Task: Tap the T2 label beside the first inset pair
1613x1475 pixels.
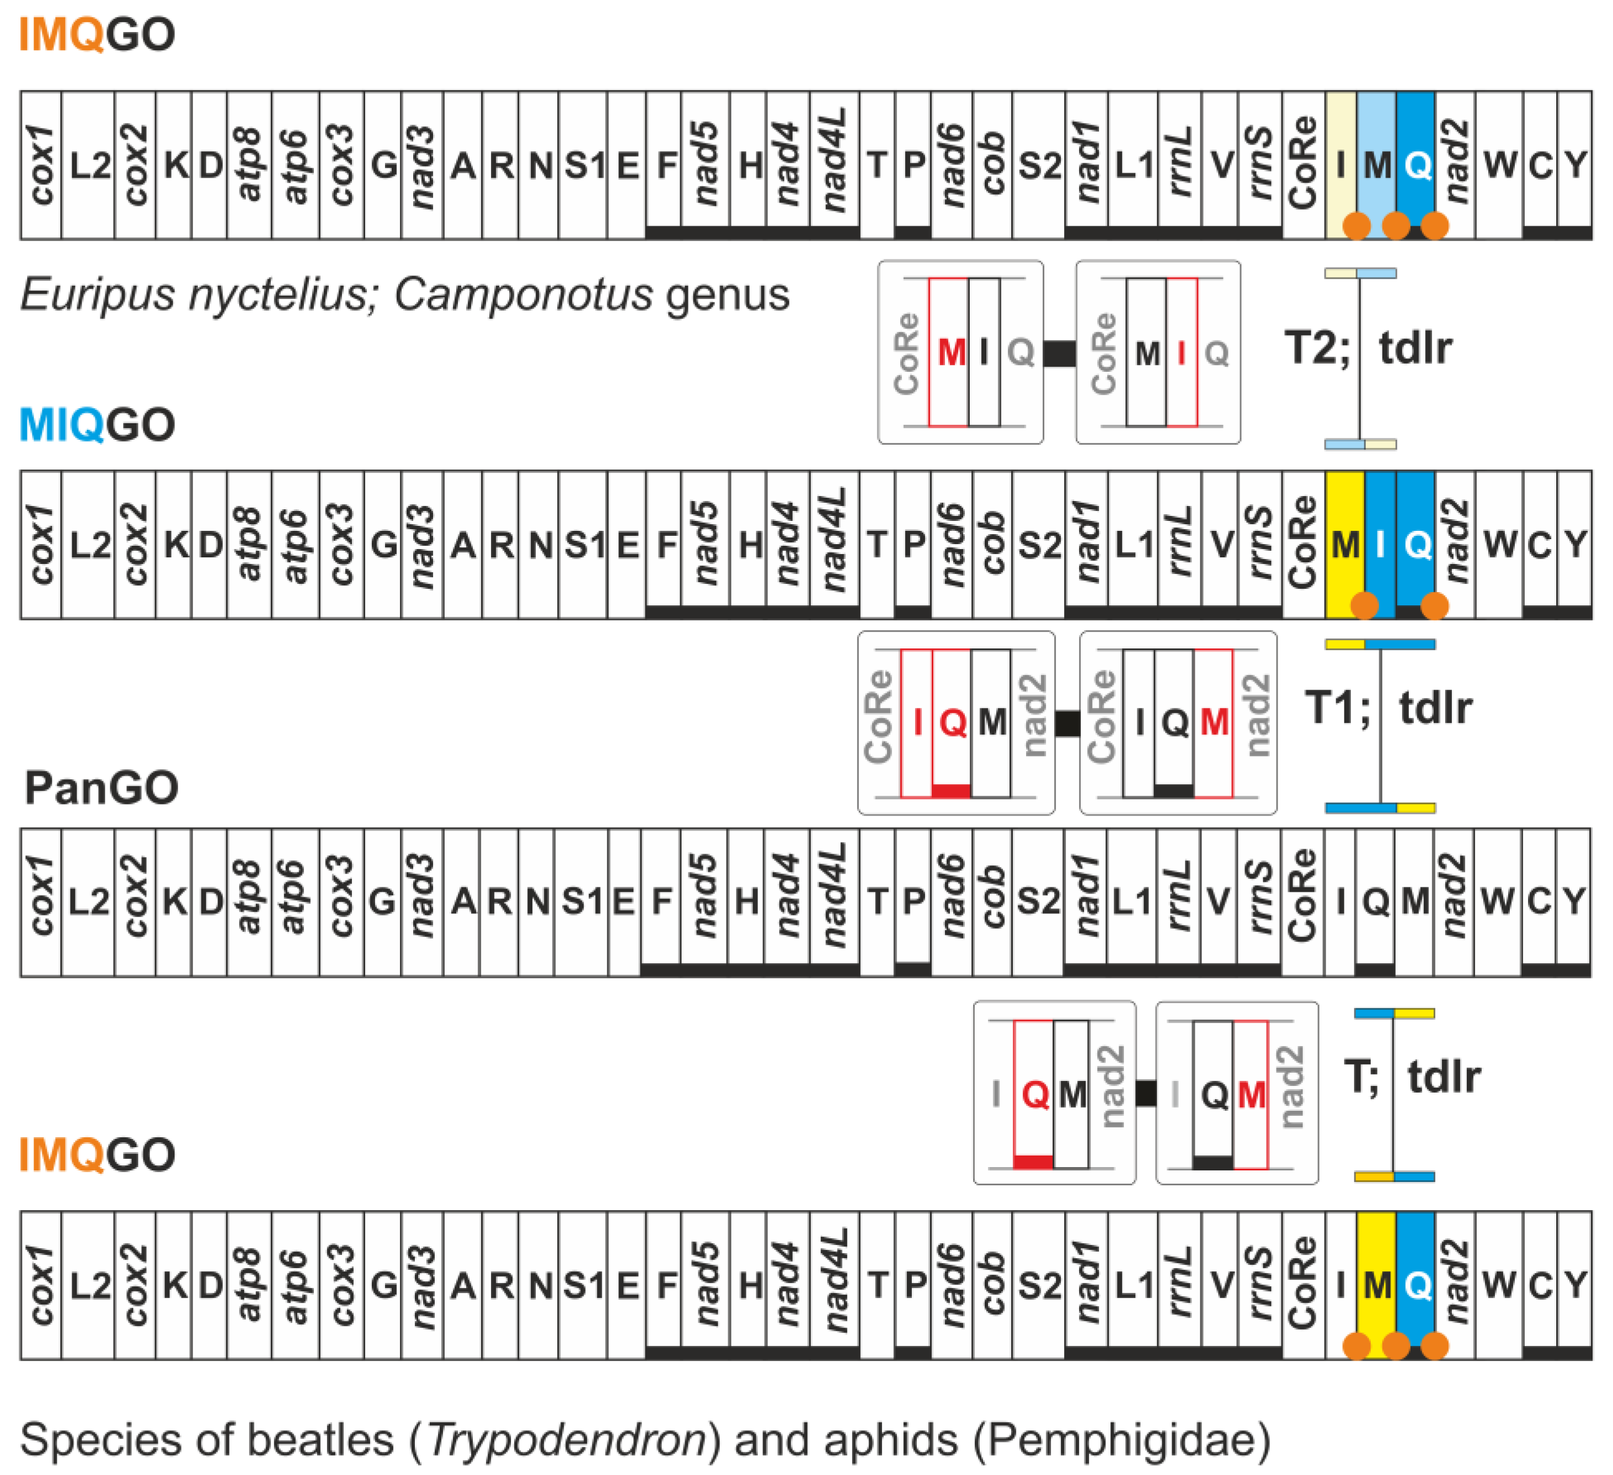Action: pyautogui.click(x=1316, y=348)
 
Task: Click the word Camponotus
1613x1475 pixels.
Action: pyautogui.click(x=524, y=295)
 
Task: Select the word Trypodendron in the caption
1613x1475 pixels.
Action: pyautogui.click(x=567, y=1439)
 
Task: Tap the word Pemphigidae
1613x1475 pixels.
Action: pyautogui.click(x=1121, y=1439)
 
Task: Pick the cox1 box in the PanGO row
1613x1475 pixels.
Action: pyautogui.click(x=41, y=902)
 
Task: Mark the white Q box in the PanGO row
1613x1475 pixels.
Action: pyautogui.click(x=1375, y=902)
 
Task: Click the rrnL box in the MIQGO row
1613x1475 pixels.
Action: pyautogui.click(x=1180, y=544)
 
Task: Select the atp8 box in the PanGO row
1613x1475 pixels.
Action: pyautogui.click(x=249, y=902)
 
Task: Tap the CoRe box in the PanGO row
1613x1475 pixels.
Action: pyautogui.click(x=1302, y=902)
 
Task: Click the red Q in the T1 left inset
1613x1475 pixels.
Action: pyautogui.click(x=952, y=723)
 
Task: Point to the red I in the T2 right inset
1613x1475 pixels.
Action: pyautogui.click(x=1182, y=352)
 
